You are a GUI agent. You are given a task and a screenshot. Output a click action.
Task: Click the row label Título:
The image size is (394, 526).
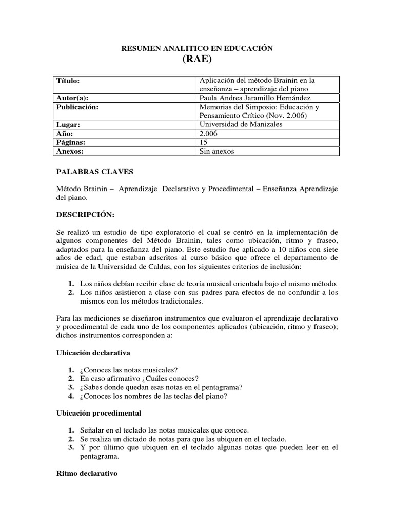click(68, 81)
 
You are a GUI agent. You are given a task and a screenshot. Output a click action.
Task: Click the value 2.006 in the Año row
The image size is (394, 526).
click(208, 133)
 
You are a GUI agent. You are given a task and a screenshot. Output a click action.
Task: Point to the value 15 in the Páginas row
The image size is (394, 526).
click(203, 142)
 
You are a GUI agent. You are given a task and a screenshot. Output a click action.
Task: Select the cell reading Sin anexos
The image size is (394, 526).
click(217, 151)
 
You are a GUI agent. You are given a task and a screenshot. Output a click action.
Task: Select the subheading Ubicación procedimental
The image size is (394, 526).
click(98, 412)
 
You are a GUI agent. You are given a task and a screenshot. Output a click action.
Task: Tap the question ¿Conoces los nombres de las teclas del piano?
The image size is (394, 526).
click(153, 396)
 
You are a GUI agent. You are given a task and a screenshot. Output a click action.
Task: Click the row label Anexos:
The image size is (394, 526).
click(70, 151)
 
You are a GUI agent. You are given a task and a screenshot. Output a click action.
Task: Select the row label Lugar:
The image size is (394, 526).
click(68, 124)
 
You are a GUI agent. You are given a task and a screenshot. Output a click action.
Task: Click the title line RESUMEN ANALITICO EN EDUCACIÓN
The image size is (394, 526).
click(196, 48)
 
